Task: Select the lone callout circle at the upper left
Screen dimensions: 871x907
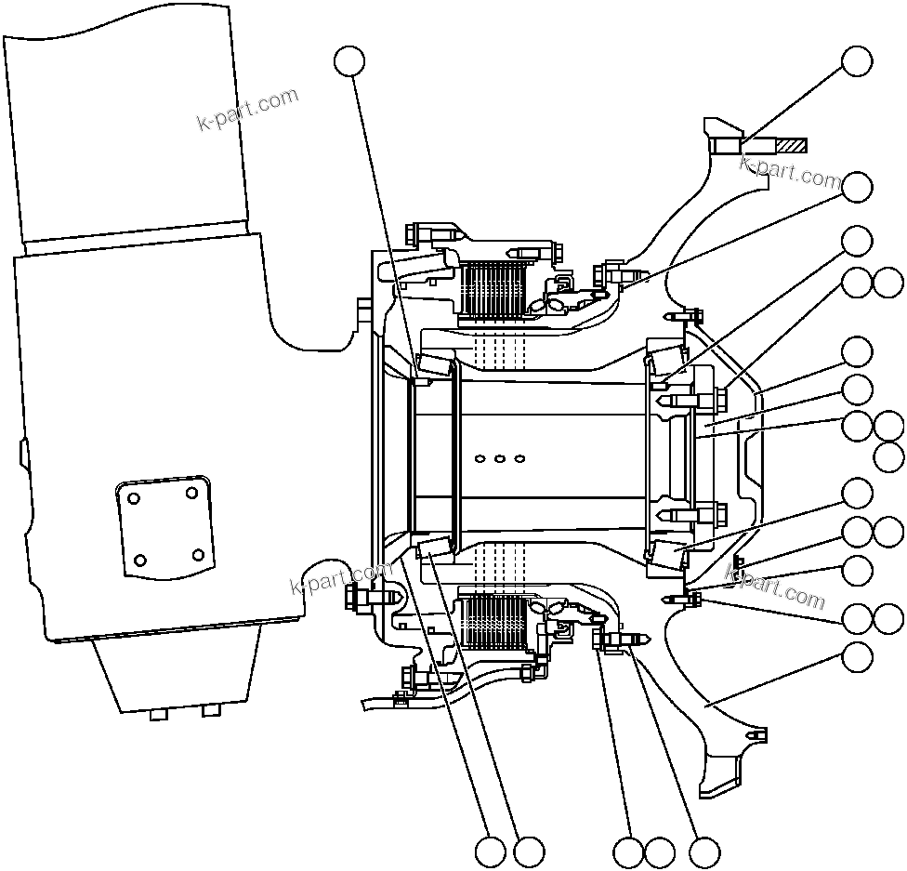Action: (x=349, y=61)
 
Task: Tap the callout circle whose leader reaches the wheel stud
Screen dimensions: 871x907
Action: (x=856, y=61)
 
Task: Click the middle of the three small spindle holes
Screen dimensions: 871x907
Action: (x=500, y=457)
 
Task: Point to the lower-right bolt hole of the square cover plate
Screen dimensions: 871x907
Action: (x=197, y=555)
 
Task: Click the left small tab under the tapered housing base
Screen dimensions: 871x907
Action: (x=158, y=713)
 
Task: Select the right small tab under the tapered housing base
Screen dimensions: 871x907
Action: (x=211, y=711)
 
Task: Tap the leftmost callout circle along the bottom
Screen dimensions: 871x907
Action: (x=490, y=851)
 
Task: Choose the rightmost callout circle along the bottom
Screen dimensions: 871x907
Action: (x=703, y=851)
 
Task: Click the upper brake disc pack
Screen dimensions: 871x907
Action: (x=492, y=288)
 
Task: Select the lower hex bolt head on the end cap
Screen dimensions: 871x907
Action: (x=721, y=514)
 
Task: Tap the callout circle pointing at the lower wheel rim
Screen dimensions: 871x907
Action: (x=857, y=656)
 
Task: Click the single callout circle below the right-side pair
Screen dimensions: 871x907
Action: (x=889, y=456)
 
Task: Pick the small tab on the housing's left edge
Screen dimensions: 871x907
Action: (x=22, y=453)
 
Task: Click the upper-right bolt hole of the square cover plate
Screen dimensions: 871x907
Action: (x=191, y=492)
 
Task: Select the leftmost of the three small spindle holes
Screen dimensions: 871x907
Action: (x=480, y=457)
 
